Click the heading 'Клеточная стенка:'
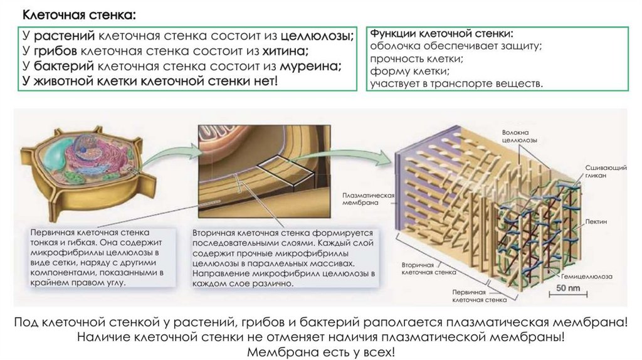[x=78, y=14]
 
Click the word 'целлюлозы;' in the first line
[x=317, y=36]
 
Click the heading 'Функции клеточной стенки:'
[x=441, y=33]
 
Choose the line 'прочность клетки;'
[x=416, y=58]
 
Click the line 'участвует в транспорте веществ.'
[x=456, y=83]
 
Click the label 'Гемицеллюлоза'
[x=587, y=276]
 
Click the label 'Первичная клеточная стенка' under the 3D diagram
[x=479, y=296]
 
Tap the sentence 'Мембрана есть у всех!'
[x=321, y=352]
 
